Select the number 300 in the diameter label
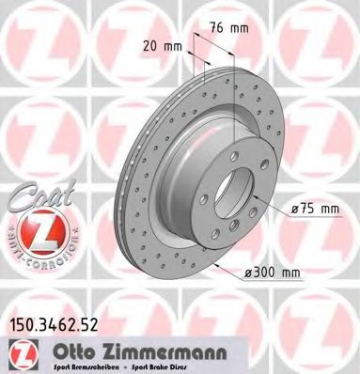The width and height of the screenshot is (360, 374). pyautogui.click(x=267, y=273)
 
